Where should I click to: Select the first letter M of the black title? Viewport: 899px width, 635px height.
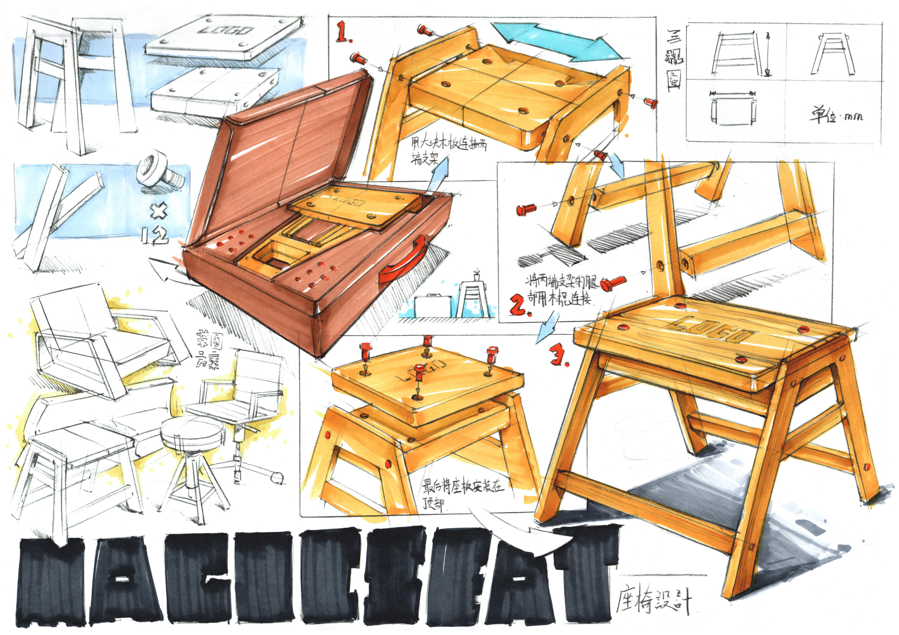51,583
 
